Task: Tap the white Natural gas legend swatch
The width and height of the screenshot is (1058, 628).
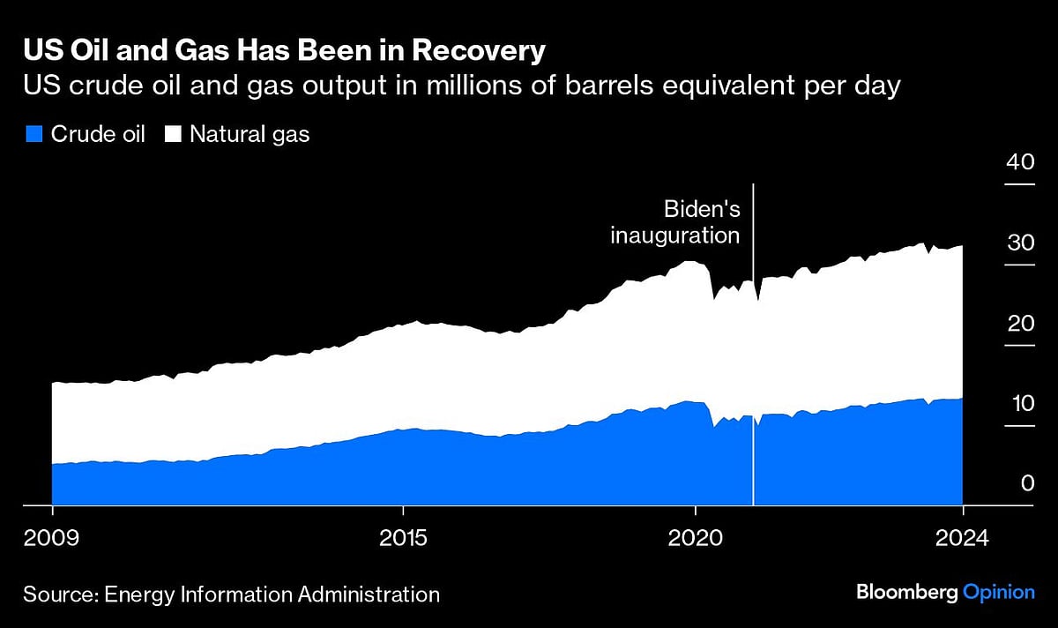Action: coord(174,135)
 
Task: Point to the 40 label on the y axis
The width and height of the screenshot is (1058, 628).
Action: coord(1020,162)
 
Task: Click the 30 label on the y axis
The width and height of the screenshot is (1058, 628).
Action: coord(1020,243)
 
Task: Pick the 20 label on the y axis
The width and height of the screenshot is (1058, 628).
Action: coord(1020,323)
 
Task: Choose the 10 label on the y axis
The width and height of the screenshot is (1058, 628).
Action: coord(1020,403)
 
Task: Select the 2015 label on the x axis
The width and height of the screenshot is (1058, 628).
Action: coord(403,536)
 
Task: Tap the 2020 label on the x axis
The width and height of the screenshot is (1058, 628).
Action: coord(696,536)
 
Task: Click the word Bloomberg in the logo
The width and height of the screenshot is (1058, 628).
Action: coord(905,592)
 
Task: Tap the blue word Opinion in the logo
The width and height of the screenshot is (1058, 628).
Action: coord(998,592)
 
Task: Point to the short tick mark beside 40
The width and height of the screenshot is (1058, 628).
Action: coord(1020,184)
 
